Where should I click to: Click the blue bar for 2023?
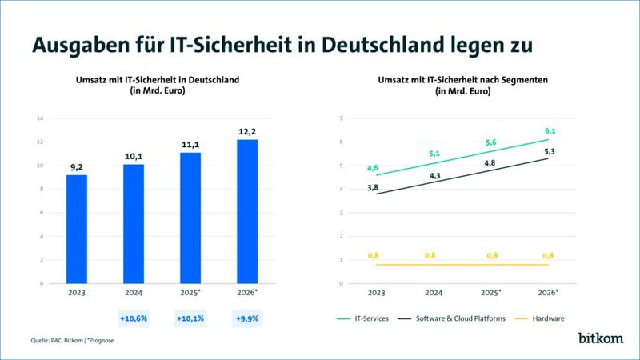(76, 229)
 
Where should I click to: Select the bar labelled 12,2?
(248, 211)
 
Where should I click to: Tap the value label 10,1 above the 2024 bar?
(134, 156)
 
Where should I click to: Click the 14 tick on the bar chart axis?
(38, 118)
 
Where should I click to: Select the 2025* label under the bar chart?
(191, 293)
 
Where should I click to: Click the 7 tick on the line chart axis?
(341, 118)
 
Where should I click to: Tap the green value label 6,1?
(550, 131)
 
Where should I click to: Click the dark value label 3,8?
(373, 187)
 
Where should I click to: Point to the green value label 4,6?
(373, 168)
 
